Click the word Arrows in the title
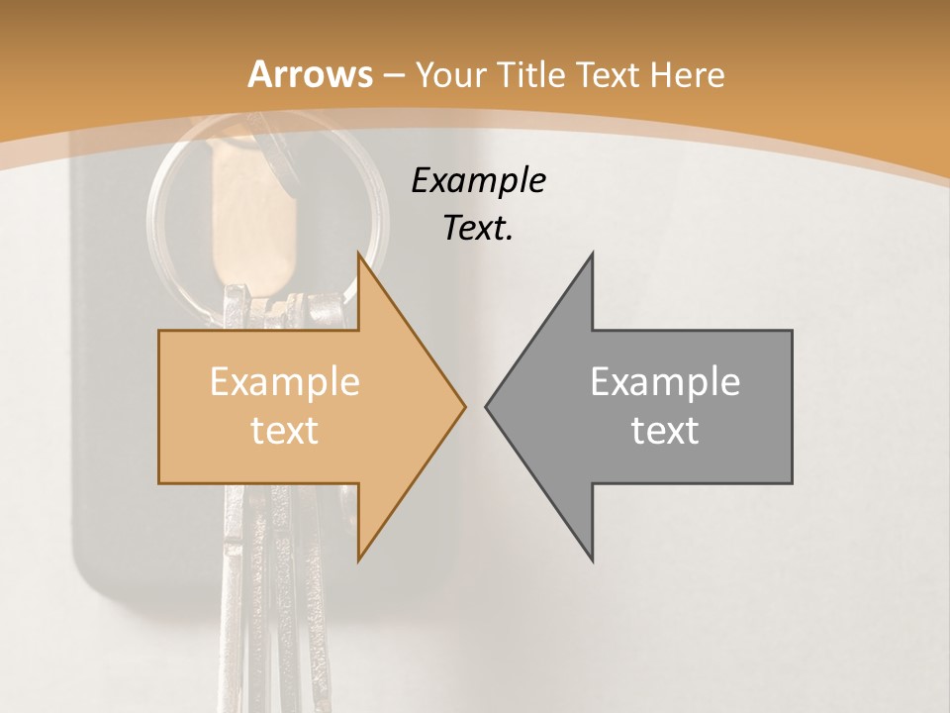coord(311,74)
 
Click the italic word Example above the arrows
coord(478,180)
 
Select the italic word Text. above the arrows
coord(478,229)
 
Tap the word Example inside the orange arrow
coord(284,382)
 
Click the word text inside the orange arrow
coord(284,430)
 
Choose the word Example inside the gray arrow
coord(665,382)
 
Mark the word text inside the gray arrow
coord(665,430)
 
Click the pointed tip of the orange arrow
coord(463,406)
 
